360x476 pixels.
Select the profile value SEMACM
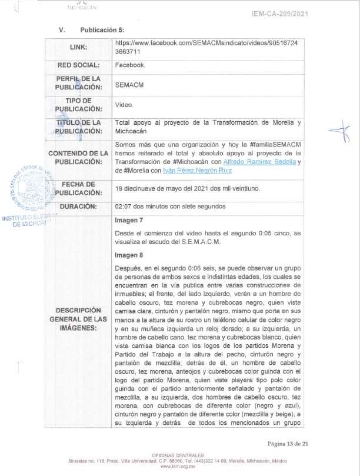(x=128, y=85)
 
